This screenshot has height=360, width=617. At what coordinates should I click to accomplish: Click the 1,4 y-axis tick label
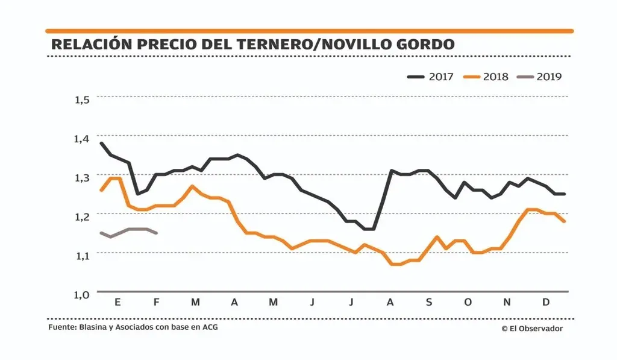point(82,139)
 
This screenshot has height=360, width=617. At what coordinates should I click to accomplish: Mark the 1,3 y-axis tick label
point(82,177)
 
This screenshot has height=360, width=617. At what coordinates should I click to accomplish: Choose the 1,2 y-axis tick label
point(82,216)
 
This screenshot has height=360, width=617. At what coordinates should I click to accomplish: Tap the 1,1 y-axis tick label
point(82,255)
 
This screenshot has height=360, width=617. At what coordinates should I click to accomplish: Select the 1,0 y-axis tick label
point(82,294)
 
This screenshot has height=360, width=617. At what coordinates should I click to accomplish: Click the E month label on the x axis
point(117,302)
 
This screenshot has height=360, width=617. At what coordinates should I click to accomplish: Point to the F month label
point(157,302)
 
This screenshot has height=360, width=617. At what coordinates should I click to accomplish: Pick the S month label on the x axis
point(429,302)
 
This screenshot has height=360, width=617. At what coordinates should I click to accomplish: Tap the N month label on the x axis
point(507,302)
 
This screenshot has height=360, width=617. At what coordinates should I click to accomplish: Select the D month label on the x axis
point(546,302)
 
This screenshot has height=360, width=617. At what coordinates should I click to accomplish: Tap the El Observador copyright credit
point(531,328)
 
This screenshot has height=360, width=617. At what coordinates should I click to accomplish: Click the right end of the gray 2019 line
point(157,233)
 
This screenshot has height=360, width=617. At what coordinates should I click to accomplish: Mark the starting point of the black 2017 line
point(101,143)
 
